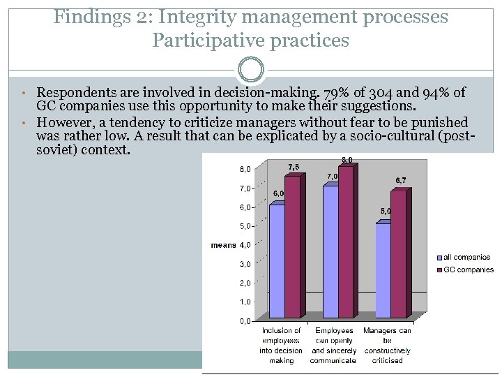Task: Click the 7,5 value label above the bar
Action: (x=294, y=167)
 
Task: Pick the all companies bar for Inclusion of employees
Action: (x=277, y=261)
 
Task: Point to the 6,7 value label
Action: (x=402, y=181)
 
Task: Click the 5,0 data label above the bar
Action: (x=386, y=211)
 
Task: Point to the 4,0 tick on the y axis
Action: (x=245, y=245)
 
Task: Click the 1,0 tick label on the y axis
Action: (x=245, y=302)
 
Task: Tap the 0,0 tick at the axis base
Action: (x=245, y=321)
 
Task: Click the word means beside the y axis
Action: (x=223, y=245)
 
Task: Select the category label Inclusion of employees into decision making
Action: (x=281, y=346)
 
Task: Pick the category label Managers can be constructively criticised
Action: (x=388, y=346)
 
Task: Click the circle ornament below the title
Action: (x=251, y=70)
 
